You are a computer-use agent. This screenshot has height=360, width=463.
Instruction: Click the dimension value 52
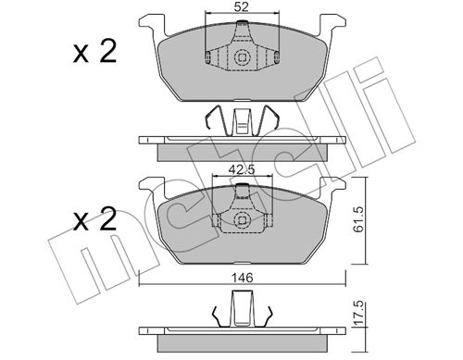click(x=241, y=6)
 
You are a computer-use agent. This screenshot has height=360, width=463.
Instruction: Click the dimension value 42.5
click(x=241, y=169)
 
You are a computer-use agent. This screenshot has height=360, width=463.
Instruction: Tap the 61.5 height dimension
click(x=358, y=219)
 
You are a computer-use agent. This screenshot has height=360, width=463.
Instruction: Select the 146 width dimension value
click(x=243, y=278)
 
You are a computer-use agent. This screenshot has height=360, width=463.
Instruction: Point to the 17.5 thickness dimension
click(x=358, y=314)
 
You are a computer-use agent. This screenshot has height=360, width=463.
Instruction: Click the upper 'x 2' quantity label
click(x=94, y=52)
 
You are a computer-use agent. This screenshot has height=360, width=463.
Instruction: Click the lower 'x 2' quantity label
click(x=94, y=219)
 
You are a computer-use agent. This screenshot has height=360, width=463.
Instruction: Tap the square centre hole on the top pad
click(x=242, y=57)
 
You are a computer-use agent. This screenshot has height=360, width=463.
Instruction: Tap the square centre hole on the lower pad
click(x=242, y=220)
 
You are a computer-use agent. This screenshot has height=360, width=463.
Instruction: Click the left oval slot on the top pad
click(x=208, y=56)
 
